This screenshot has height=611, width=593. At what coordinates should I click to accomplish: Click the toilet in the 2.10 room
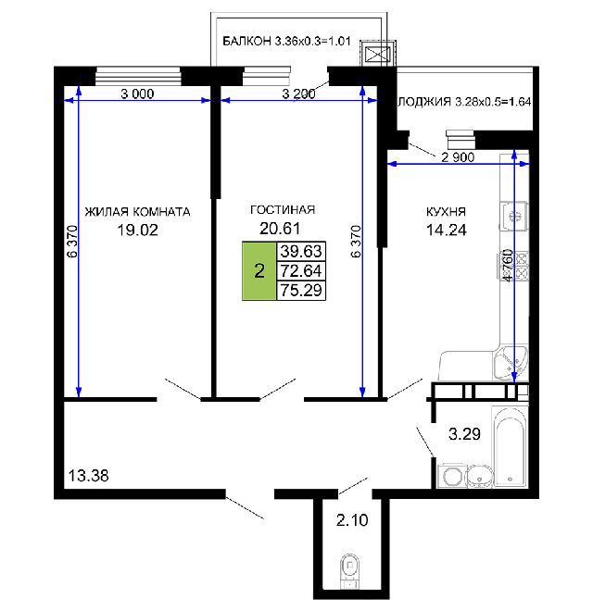(350, 571)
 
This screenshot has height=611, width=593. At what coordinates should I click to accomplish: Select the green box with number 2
(259, 271)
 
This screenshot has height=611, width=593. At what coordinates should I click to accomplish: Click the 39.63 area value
(301, 251)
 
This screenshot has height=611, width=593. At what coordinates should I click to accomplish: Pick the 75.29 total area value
(301, 291)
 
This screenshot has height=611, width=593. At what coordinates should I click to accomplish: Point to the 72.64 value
(301, 271)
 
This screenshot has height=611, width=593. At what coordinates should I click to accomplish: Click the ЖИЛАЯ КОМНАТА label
(138, 212)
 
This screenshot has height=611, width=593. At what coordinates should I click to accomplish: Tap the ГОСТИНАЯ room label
(283, 210)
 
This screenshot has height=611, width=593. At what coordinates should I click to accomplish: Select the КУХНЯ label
(446, 212)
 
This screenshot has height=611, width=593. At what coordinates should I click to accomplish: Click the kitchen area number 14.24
(446, 230)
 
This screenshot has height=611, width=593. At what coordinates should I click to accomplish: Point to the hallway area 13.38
(89, 476)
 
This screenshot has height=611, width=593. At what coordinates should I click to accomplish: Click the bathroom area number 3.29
(464, 433)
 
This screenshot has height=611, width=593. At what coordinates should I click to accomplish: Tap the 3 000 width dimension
(137, 94)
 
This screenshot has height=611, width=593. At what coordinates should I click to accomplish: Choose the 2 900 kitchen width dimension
(458, 157)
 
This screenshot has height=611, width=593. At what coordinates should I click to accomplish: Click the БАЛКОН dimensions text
(286, 42)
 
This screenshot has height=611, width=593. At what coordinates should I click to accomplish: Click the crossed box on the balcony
(378, 55)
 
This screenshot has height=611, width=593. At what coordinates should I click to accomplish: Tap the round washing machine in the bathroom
(451, 476)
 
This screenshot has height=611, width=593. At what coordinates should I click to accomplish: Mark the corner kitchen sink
(511, 362)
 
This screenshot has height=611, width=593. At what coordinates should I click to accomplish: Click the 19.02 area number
(138, 230)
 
